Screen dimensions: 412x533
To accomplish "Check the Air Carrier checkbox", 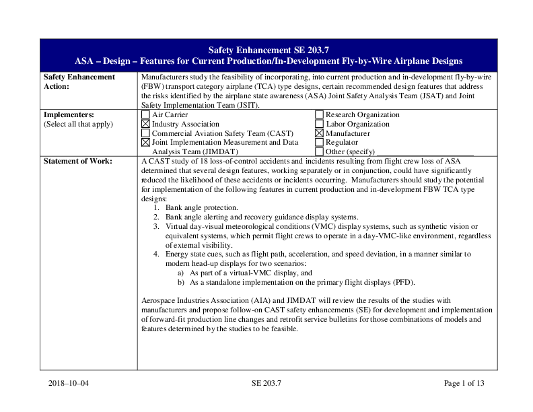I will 145,115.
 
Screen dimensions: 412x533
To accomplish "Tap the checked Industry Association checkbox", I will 145,125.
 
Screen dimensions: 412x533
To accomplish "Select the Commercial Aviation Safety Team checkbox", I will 145,133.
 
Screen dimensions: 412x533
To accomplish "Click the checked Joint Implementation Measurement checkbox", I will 145,143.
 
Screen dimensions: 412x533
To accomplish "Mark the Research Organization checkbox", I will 319,115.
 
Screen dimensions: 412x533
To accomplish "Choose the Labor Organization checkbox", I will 319,125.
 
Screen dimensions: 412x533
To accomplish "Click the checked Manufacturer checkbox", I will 319,133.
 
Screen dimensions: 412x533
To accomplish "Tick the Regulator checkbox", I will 319,143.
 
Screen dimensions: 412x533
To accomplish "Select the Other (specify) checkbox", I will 319,151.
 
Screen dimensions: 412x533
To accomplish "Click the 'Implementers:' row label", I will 69,114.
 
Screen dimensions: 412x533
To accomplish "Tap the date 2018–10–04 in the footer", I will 69,383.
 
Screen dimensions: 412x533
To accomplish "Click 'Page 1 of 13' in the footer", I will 464,383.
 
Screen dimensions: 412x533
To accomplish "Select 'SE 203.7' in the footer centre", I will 266,383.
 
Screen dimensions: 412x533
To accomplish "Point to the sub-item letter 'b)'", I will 181,282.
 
